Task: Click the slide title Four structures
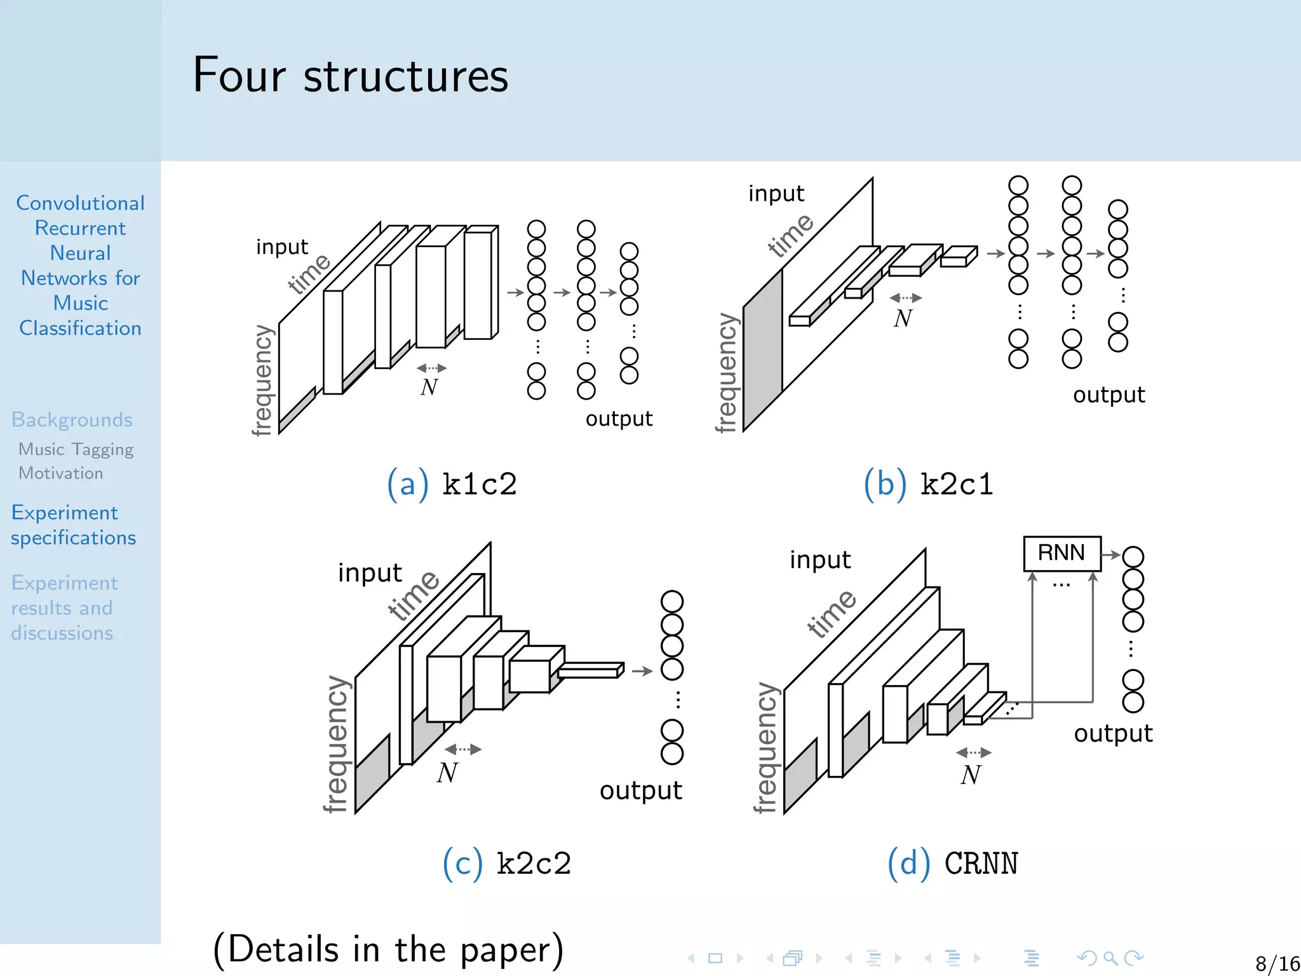[350, 76]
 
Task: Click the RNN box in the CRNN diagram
[1061, 553]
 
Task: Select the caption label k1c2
[479, 484]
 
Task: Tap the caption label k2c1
[956, 484]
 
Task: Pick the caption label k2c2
[534, 864]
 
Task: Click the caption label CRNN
[981, 864]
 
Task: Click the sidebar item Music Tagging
[76, 449]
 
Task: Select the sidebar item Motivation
[61, 473]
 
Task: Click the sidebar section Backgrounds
[72, 420]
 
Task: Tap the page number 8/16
[1277, 963]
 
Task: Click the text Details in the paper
[388, 949]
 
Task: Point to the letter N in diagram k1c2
[429, 386]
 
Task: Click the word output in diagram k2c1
[1109, 395]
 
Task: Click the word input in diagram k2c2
[370, 573]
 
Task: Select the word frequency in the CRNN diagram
[765, 747]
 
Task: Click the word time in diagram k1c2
[309, 273]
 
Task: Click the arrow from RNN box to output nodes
[1110, 555]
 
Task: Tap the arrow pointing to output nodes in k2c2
[642, 671]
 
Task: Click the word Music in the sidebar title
[80, 303]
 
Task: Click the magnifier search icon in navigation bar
[1110, 958]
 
